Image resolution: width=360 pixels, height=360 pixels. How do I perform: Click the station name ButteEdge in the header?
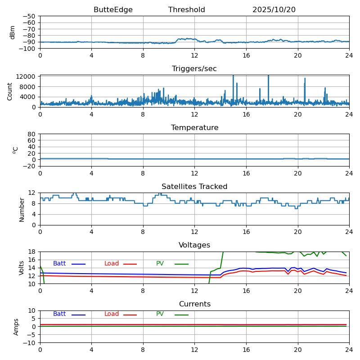pyautogui.click(x=113, y=10)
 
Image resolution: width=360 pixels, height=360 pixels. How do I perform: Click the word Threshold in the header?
pyautogui.click(x=186, y=10)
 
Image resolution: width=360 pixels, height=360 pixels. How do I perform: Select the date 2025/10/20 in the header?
pyautogui.click(x=274, y=10)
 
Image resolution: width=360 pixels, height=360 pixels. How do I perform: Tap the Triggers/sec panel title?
pyautogui.click(x=194, y=69)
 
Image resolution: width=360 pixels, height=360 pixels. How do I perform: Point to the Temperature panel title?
pyautogui.click(x=194, y=128)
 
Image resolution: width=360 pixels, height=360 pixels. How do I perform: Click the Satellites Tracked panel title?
pyautogui.click(x=194, y=187)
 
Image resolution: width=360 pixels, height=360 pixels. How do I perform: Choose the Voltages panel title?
pyautogui.click(x=194, y=245)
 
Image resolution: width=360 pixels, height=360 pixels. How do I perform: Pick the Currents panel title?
pyautogui.click(x=194, y=304)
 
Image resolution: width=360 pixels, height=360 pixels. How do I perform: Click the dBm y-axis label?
pyautogui.click(x=13, y=32)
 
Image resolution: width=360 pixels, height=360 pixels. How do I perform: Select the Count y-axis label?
pyautogui.click(x=10, y=91)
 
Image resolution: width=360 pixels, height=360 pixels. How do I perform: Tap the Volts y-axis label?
pyautogui.click(x=22, y=268)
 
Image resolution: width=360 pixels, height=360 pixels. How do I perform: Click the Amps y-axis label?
pyautogui.click(x=16, y=327)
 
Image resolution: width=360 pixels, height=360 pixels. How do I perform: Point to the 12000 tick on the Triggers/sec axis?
pyautogui.click(x=27, y=76)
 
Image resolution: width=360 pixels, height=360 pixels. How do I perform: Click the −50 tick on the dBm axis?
pyautogui.click(x=30, y=16)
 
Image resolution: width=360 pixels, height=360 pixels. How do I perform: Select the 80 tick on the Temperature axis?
pyautogui.click(x=32, y=134)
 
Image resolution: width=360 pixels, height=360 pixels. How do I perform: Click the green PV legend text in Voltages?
pyautogui.click(x=160, y=264)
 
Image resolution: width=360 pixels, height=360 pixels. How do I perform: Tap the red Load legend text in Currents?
pyautogui.click(x=112, y=314)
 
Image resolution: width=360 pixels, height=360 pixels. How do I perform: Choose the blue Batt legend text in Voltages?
pyautogui.click(x=59, y=264)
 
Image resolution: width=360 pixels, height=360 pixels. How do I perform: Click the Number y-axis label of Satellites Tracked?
pyautogui.click(x=22, y=209)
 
